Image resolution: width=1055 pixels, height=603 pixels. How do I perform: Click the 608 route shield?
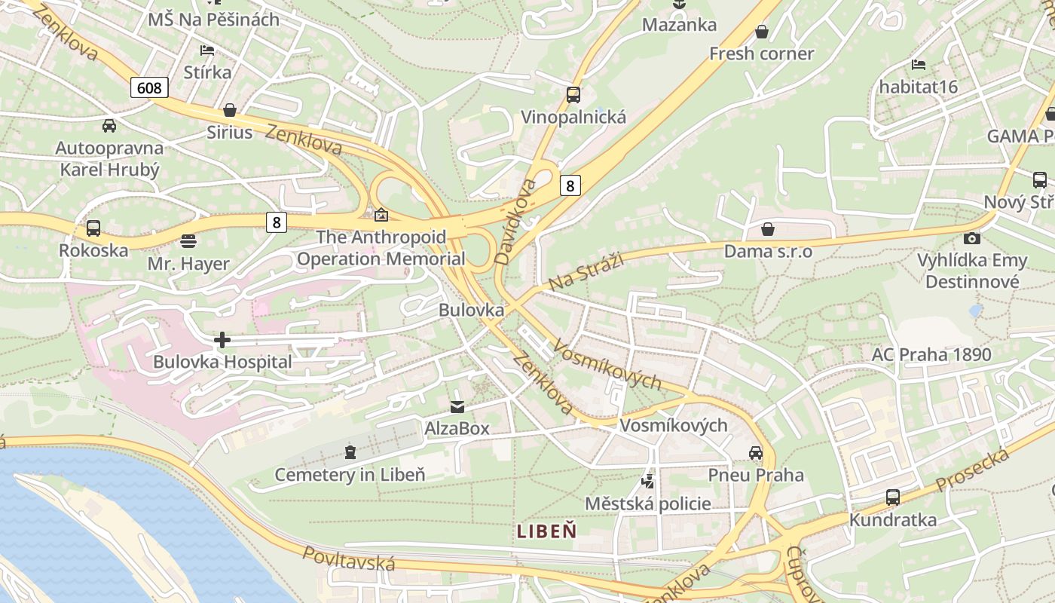[149, 87]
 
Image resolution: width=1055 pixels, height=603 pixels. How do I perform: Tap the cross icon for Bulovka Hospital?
[222, 340]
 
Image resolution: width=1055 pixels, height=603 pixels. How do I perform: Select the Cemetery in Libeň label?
[350, 475]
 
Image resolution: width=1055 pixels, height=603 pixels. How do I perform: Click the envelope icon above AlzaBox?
[457, 407]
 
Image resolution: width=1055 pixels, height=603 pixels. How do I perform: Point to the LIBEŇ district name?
[547, 531]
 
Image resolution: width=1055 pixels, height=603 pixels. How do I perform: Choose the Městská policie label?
[648, 504]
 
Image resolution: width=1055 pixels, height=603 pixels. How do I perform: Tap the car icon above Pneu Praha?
[756, 453]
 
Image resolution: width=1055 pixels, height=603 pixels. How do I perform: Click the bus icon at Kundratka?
[893, 497]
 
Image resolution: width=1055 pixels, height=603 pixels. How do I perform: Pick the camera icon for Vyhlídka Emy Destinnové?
[972, 238]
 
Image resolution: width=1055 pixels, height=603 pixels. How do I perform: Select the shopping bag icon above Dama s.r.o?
[768, 228]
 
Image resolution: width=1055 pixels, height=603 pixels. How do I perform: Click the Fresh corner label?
[761, 54]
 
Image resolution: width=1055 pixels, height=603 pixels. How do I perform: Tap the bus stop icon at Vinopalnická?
[573, 95]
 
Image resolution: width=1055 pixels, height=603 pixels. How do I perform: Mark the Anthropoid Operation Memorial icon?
[381, 215]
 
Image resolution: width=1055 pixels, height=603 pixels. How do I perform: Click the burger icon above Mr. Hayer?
[188, 242]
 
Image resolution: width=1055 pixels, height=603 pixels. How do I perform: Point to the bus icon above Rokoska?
[93, 228]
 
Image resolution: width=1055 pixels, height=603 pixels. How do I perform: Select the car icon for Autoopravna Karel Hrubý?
[109, 125]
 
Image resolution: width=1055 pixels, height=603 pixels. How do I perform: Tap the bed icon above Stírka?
[207, 51]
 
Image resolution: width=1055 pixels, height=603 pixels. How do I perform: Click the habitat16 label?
[918, 87]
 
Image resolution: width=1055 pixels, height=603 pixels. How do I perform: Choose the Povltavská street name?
[349, 559]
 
